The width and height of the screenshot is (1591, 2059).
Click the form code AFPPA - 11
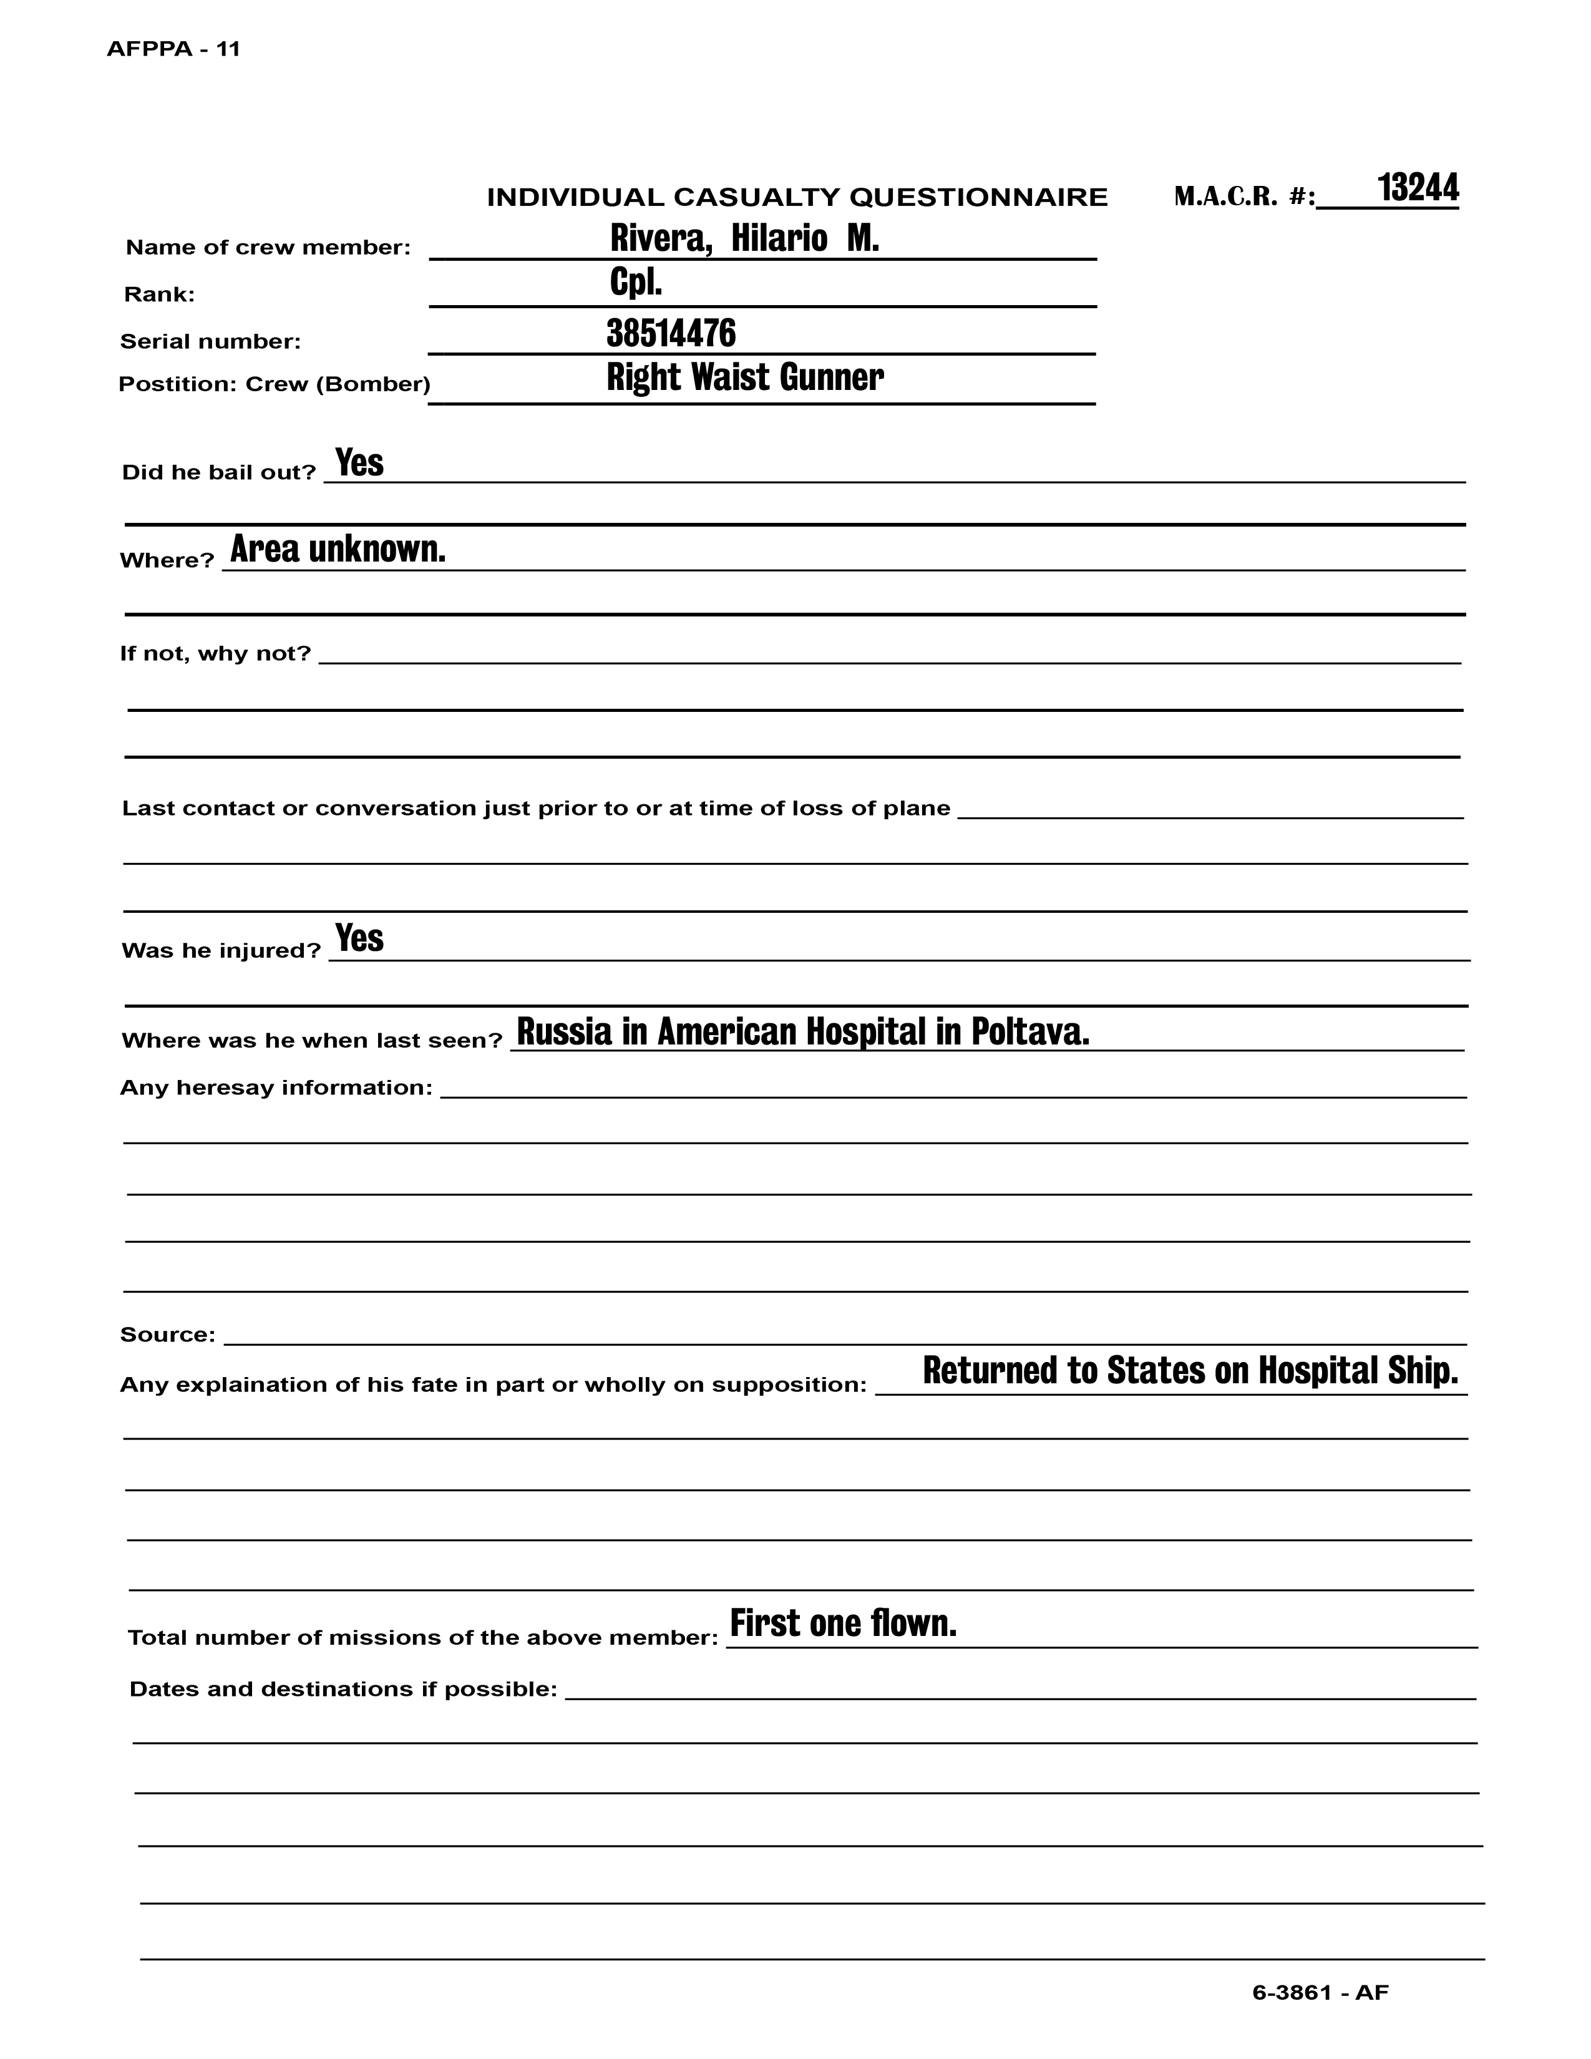point(173,50)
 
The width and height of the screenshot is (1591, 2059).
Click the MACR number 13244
point(1418,188)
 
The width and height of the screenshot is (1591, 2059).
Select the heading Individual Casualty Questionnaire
point(797,197)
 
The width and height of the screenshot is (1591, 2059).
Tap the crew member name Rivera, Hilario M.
point(744,238)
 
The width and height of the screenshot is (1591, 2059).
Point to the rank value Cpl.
point(636,282)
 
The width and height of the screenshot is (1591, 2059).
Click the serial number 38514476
point(671,333)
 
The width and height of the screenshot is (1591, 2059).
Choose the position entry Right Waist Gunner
point(744,377)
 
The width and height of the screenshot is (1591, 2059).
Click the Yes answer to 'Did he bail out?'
point(359,463)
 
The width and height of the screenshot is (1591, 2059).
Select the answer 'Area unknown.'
point(338,548)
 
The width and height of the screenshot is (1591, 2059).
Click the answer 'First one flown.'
point(844,1622)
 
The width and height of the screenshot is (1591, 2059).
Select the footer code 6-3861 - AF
point(1320,1992)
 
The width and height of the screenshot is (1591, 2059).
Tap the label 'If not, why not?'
point(215,653)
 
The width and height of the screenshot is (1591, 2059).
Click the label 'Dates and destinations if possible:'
point(343,1688)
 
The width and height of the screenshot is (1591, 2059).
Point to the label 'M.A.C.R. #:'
point(1244,197)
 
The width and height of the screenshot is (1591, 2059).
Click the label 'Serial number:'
point(210,341)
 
